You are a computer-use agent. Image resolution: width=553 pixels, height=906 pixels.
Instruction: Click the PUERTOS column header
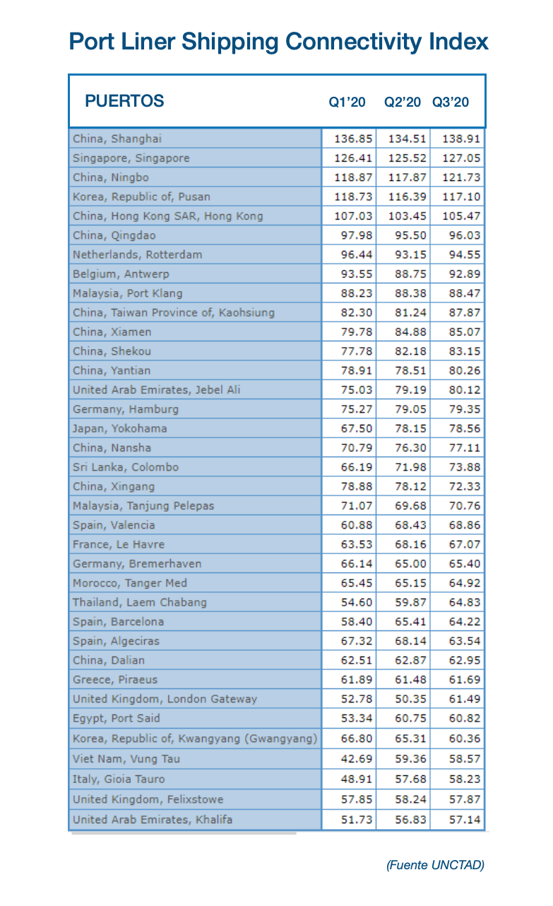(124, 100)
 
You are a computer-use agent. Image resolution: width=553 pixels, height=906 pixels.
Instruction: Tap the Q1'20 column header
(347, 102)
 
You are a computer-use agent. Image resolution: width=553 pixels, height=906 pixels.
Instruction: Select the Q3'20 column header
(451, 102)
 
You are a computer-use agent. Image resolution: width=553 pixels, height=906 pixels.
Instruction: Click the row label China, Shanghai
(117, 139)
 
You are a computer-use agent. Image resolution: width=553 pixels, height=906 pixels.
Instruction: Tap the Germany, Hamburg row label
(126, 409)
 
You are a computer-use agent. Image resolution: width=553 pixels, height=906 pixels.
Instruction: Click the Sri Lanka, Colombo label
(126, 467)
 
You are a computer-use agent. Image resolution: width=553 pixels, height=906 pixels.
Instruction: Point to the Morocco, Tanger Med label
(130, 583)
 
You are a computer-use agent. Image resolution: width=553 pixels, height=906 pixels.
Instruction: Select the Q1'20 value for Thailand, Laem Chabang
(355, 602)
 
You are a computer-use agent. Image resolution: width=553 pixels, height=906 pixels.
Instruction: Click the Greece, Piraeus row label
(115, 680)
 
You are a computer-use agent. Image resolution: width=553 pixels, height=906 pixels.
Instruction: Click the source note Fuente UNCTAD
(435, 864)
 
